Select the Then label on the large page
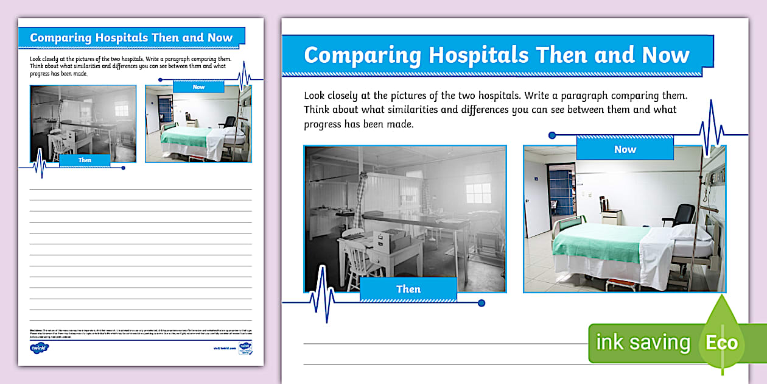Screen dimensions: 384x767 coord(408,289)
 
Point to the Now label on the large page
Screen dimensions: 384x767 coord(625,149)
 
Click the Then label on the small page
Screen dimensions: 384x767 coord(85,160)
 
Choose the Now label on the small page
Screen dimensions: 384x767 coord(198,87)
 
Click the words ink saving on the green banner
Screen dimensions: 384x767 coord(643,343)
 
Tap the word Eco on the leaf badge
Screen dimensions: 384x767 coord(721,343)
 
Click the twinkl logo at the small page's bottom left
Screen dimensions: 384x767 coord(39,348)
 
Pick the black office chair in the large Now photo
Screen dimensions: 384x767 coord(684,215)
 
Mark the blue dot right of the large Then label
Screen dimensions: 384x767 coord(482,303)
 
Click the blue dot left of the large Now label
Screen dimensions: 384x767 coord(552,135)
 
